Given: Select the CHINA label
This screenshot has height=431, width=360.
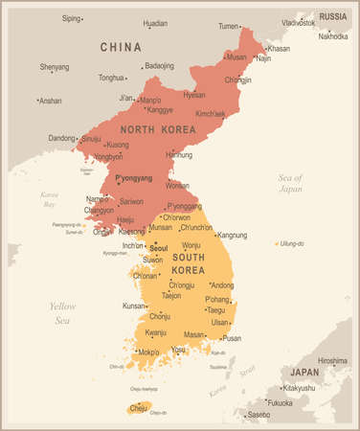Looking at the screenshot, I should coord(121,47).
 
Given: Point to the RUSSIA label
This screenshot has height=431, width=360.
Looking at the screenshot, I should coord(332,16).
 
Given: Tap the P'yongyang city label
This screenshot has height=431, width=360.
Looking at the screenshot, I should coord(134,178).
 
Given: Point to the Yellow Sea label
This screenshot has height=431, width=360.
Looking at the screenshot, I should coord(64,313).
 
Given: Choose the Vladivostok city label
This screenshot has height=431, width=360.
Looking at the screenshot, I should coord(298,22).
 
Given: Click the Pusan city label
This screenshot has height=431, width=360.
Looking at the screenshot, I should coord(232,338).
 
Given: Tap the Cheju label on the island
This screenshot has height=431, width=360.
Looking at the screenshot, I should coord(139,406).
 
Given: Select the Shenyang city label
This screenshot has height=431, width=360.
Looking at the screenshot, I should coord(55,66).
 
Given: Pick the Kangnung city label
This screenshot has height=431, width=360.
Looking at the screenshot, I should coord(232,235).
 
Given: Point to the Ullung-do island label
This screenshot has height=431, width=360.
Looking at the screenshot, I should coord(292,243).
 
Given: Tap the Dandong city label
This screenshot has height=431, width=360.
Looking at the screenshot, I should coord(60,138).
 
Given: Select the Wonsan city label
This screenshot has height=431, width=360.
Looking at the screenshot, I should coord(177,185).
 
